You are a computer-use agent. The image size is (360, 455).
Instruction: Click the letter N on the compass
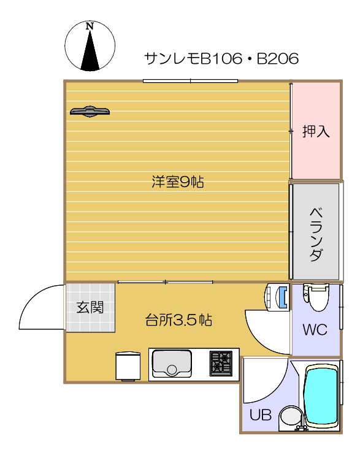(x=90, y=26)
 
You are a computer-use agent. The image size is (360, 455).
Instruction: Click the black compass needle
(x=90, y=50)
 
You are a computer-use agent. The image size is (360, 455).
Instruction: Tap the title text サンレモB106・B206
(x=221, y=58)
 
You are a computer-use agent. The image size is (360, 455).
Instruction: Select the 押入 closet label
(x=316, y=131)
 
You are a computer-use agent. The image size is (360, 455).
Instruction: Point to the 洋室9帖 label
(x=178, y=182)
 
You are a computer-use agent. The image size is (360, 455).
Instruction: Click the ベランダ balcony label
(x=316, y=234)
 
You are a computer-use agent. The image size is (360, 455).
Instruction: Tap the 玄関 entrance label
(x=90, y=307)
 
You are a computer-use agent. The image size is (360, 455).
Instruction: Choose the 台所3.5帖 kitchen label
(x=178, y=320)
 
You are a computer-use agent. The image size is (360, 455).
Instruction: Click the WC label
(x=315, y=329)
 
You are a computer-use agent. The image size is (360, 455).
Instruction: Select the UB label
(x=261, y=415)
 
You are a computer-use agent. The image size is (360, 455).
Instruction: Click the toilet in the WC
(x=316, y=297)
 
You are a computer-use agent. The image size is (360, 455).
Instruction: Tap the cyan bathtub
(x=322, y=395)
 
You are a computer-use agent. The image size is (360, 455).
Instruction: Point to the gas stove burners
(x=221, y=363)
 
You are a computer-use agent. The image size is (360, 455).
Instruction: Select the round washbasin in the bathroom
(x=291, y=417)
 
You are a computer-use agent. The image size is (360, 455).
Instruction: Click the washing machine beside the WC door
(x=276, y=297)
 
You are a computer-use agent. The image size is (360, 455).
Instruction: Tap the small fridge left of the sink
(x=128, y=366)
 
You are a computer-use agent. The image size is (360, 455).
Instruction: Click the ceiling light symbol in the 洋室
(x=90, y=111)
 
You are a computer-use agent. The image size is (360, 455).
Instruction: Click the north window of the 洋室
(x=191, y=81)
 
